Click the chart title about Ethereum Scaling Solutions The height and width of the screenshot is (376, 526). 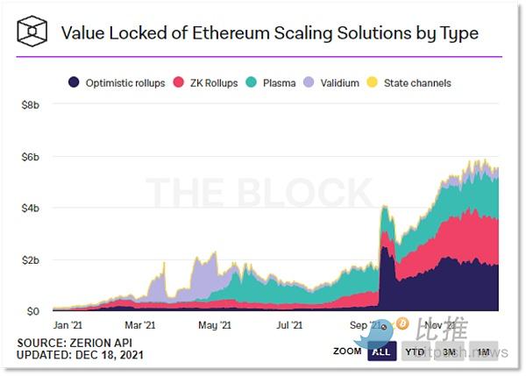[269, 33]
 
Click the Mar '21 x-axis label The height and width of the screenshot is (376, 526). [141, 325]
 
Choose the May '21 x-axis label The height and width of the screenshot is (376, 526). [214, 325]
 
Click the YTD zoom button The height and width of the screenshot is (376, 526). [415, 351]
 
